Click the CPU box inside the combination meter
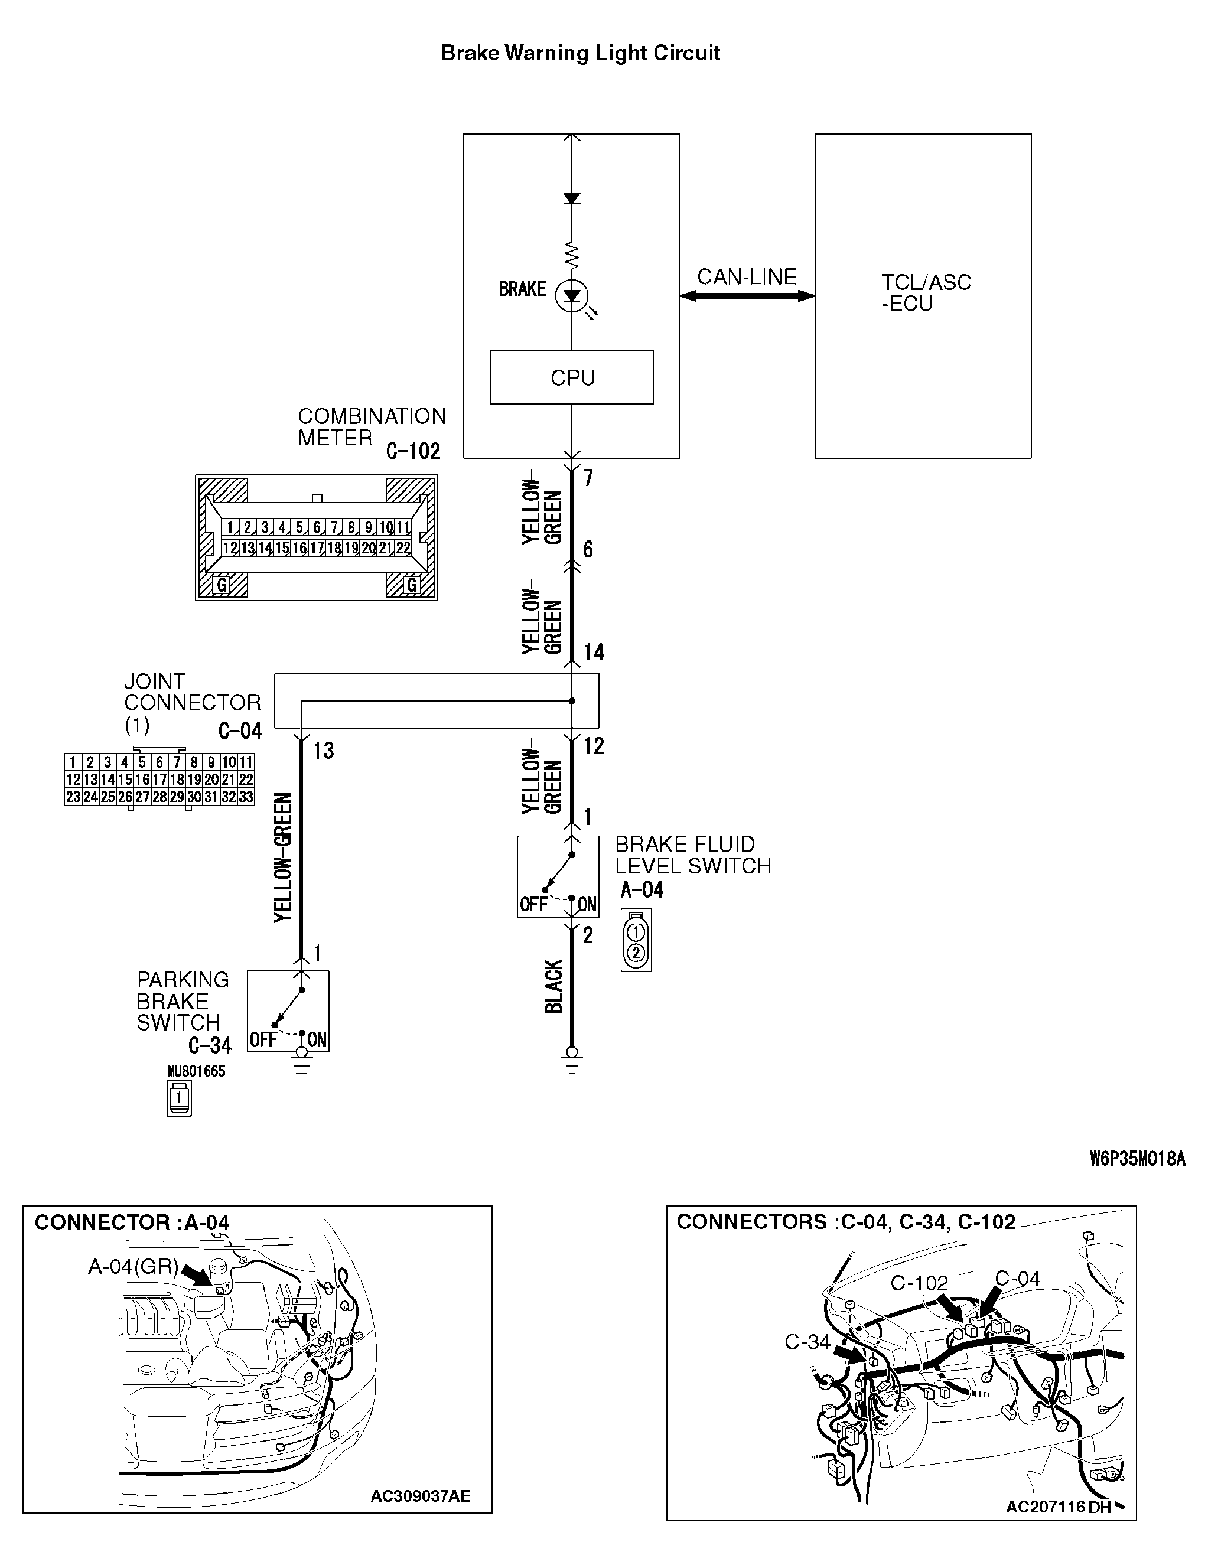(571, 377)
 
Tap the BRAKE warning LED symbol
(572, 295)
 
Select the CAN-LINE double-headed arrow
(747, 296)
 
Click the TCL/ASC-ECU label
(926, 292)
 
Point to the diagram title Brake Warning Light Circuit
(580, 53)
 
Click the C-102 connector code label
(413, 451)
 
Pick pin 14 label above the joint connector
(594, 652)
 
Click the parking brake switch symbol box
(288, 1011)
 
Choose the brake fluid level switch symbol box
(558, 876)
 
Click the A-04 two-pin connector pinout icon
(637, 941)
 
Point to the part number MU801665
(196, 1071)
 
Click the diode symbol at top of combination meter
(571, 198)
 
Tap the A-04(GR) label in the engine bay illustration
(133, 1267)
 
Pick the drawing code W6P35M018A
(1137, 1159)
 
